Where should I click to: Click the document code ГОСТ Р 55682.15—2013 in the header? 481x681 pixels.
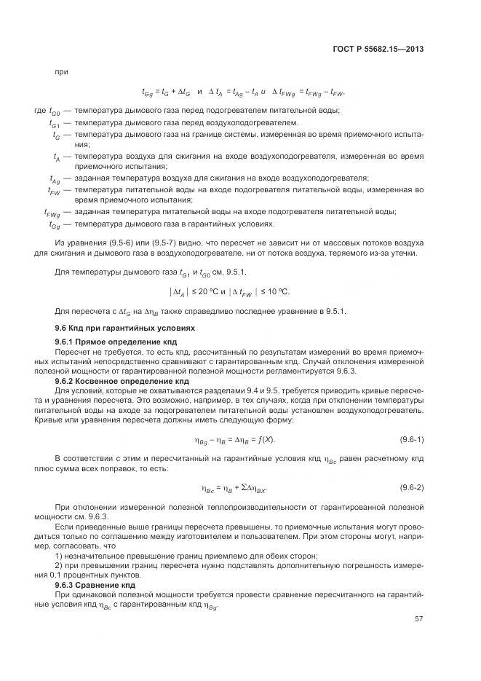point(380,50)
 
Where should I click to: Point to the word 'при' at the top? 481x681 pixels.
point(60,71)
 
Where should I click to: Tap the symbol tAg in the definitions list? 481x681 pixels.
point(55,178)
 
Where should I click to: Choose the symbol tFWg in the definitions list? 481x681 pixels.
point(52,213)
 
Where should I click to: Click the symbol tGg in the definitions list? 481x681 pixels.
point(55,225)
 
